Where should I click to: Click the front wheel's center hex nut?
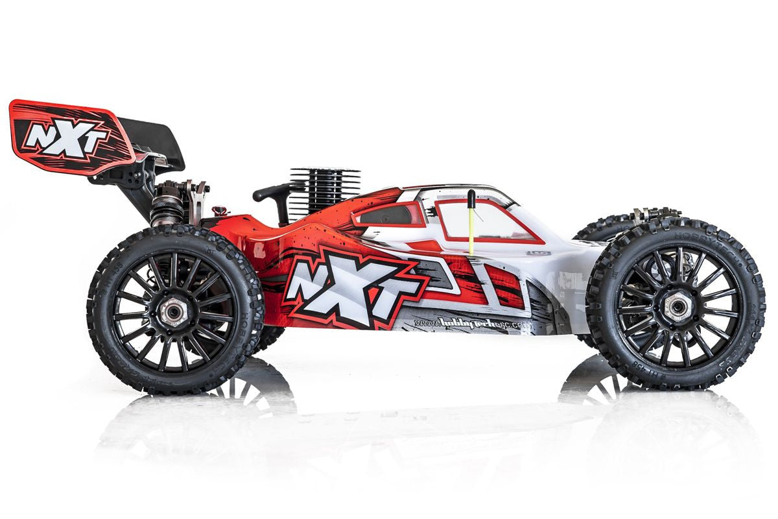pyautogui.click(x=676, y=308)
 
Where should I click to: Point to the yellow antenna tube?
pyautogui.click(x=471, y=227)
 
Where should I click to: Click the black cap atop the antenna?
pyautogui.click(x=471, y=197)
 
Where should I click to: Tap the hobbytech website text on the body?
pyautogui.click(x=460, y=322)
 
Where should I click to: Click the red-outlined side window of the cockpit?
pyautogui.click(x=483, y=219)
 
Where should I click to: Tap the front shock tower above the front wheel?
pyautogui.click(x=655, y=213)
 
